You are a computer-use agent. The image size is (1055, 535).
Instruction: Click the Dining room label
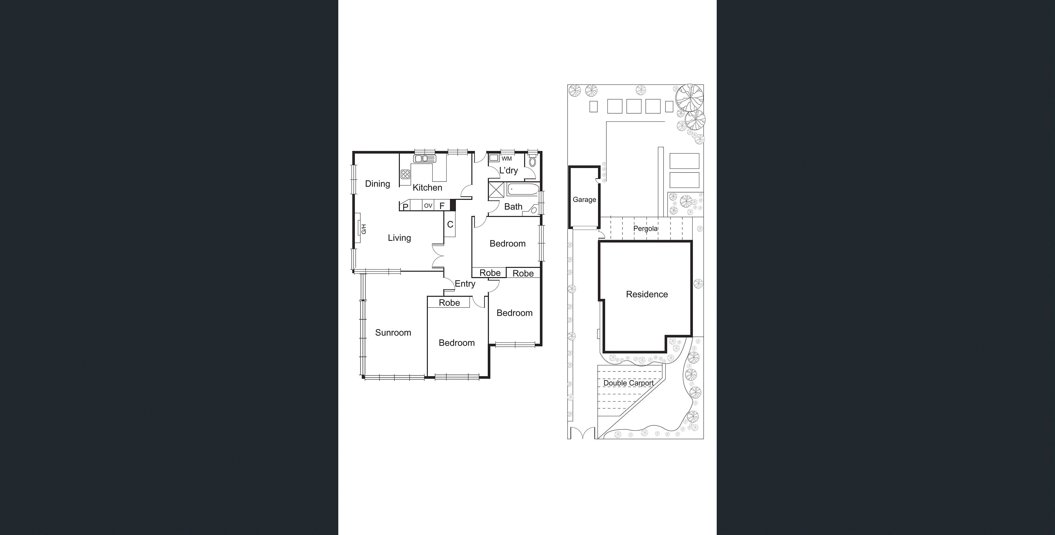377,184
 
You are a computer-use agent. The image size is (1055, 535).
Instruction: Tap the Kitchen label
427,188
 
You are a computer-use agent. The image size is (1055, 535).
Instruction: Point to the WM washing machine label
507,159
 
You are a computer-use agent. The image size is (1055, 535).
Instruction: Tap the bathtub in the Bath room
523,191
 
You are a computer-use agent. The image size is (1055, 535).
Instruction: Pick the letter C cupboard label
450,224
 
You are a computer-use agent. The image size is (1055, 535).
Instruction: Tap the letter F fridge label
442,206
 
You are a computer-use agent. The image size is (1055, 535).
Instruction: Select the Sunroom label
393,333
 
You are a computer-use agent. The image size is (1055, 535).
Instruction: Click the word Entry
465,284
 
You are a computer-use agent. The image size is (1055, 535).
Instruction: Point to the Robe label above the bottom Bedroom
449,303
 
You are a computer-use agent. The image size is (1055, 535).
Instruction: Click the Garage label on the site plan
584,200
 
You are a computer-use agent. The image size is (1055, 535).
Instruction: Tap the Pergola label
646,229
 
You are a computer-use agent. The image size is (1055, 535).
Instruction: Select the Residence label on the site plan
647,294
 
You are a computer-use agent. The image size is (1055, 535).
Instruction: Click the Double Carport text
628,383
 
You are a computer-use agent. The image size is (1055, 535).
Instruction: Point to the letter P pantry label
405,207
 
